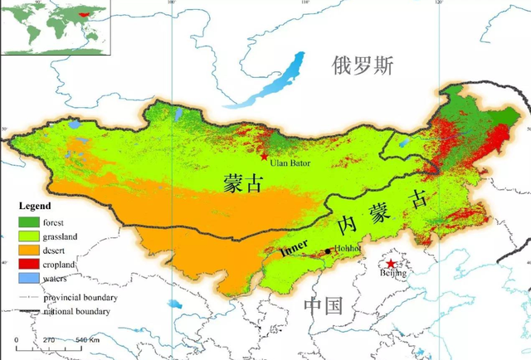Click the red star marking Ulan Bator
(x=264, y=156)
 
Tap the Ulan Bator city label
(x=290, y=163)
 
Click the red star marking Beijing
(x=391, y=264)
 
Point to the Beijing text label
(x=393, y=273)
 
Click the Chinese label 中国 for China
(x=323, y=305)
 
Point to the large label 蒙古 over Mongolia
(x=243, y=184)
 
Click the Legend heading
(x=35, y=206)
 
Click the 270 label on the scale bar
(x=49, y=340)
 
